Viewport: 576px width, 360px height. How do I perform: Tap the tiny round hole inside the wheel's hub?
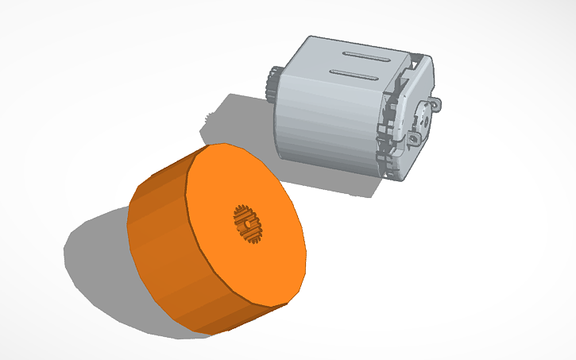(x=249, y=225)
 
